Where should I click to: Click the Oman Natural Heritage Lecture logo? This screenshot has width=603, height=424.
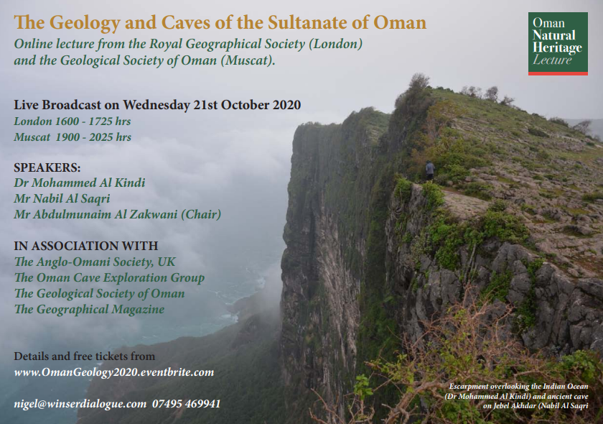[x=558, y=44]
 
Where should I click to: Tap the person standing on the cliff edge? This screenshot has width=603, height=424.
[x=429, y=170]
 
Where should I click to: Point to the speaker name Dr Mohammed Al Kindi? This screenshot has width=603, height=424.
[x=80, y=182]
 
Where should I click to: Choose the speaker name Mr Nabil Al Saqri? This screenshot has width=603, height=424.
[x=62, y=198]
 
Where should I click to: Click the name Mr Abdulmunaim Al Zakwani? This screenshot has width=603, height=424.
[x=95, y=214]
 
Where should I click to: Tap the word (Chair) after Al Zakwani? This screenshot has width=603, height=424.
[x=201, y=214]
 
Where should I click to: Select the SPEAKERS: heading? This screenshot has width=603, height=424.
[x=47, y=167]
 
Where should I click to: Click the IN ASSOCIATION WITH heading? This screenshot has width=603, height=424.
[x=86, y=246]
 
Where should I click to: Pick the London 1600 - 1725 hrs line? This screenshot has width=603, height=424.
[x=73, y=121]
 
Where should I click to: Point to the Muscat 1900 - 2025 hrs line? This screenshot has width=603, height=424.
[x=73, y=137]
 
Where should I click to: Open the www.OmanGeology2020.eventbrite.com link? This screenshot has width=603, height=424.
[x=114, y=372]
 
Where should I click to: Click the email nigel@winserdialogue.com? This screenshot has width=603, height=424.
[x=80, y=404]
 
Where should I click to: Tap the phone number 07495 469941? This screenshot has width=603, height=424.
[x=186, y=404]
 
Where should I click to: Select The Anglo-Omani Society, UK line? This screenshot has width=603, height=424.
[x=95, y=262]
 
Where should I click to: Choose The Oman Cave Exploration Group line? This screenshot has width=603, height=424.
[x=109, y=277]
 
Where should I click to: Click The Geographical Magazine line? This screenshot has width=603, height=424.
[x=89, y=309]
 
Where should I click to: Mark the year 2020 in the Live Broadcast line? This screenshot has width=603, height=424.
[x=286, y=105]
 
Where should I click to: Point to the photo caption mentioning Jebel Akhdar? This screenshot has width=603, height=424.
[x=518, y=396]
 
